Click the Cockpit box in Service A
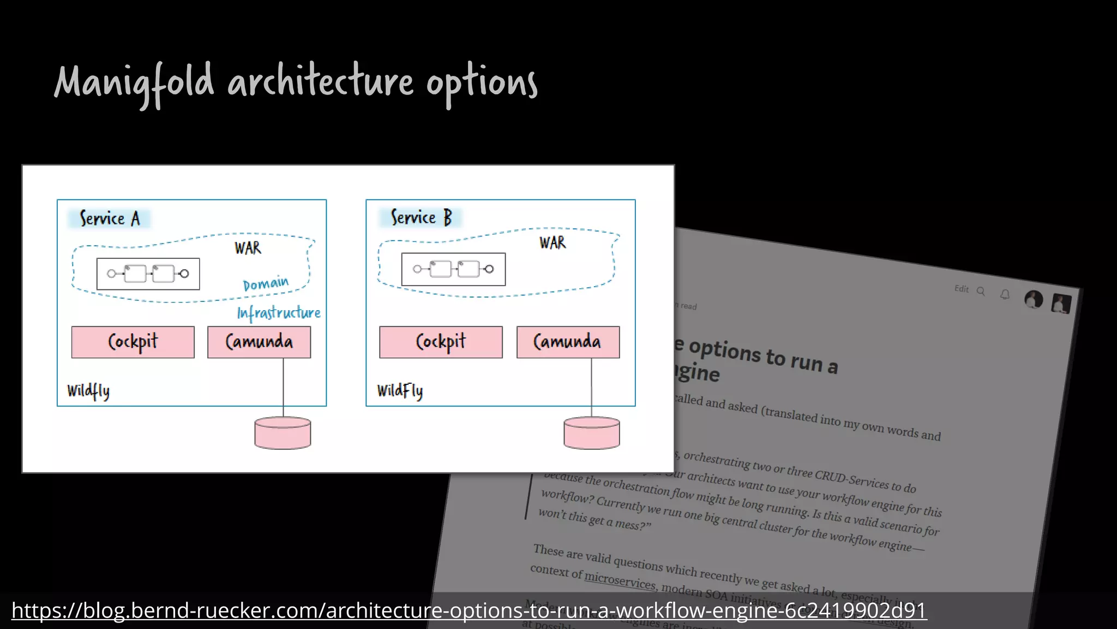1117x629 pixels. click(133, 342)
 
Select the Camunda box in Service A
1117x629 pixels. click(259, 342)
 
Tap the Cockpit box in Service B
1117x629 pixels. click(441, 342)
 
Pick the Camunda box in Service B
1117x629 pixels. click(568, 342)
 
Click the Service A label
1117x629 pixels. click(110, 218)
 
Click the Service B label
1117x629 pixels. click(421, 217)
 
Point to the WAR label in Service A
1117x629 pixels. click(248, 248)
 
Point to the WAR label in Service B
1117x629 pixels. click(553, 242)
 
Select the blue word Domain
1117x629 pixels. click(266, 283)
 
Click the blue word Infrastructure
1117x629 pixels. click(279, 313)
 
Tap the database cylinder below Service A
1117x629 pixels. click(283, 434)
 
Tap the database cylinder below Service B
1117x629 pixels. click(592, 434)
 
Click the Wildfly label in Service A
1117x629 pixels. click(88, 391)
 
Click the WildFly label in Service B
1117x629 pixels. click(400, 391)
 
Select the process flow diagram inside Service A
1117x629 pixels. click(148, 274)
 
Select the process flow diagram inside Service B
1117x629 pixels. click(453, 269)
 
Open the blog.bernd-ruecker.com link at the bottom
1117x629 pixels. click(469, 610)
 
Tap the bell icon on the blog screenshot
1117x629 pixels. click(1005, 295)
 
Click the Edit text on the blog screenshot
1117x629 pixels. click(961, 289)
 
